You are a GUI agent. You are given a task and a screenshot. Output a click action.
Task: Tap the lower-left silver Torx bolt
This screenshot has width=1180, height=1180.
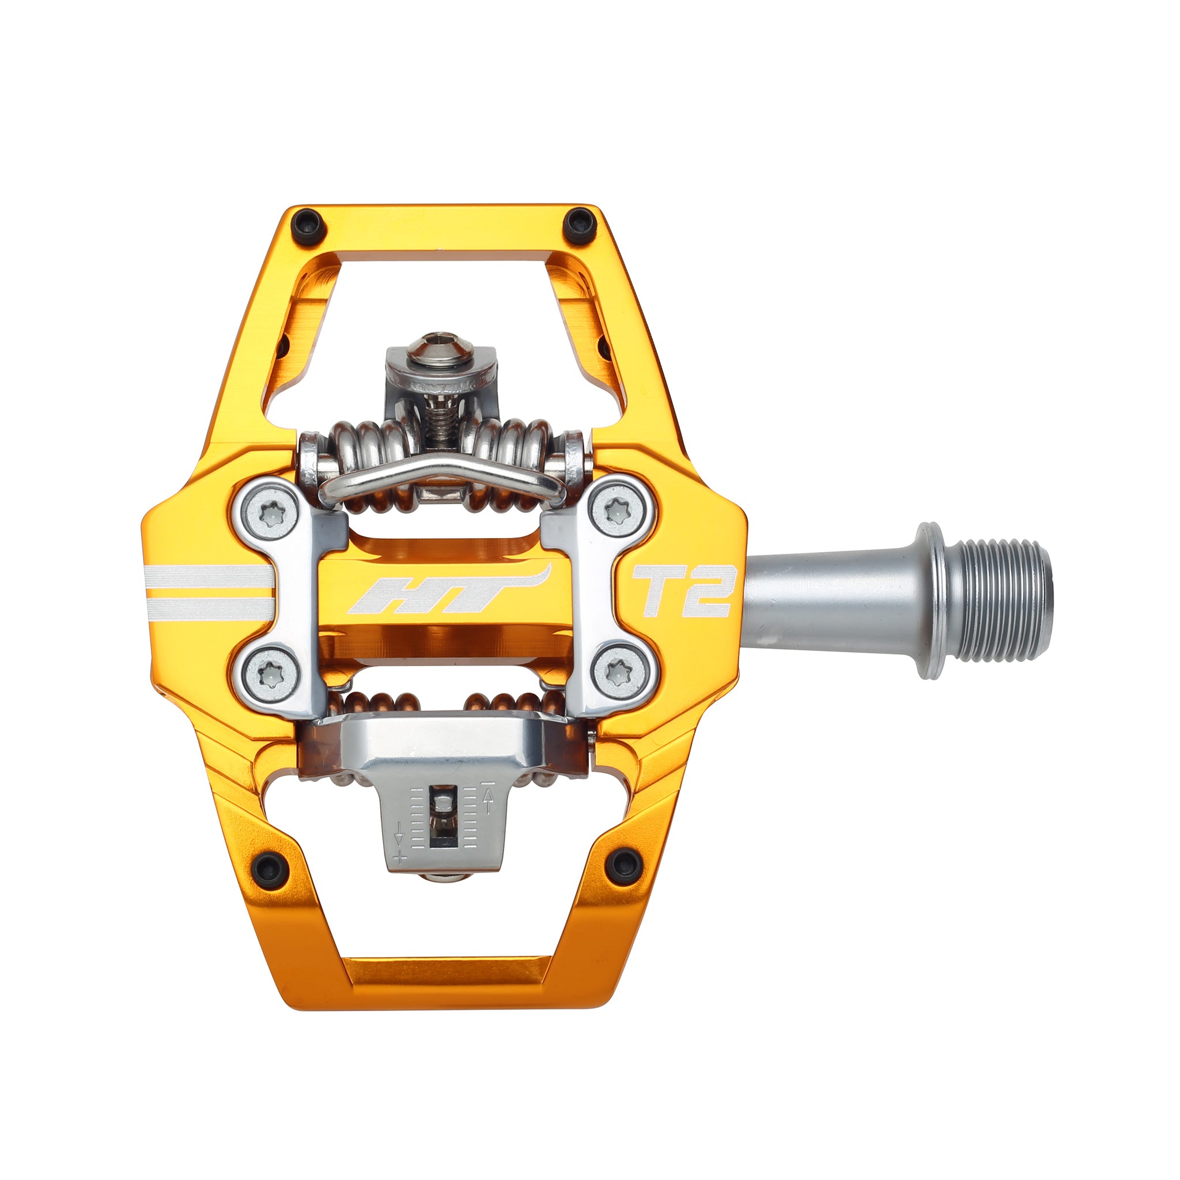tap(269, 674)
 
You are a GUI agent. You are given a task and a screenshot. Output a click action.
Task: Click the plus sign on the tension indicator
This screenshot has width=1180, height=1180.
tap(400, 856)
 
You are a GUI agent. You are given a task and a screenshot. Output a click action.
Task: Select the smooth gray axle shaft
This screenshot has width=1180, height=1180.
tap(831, 596)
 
